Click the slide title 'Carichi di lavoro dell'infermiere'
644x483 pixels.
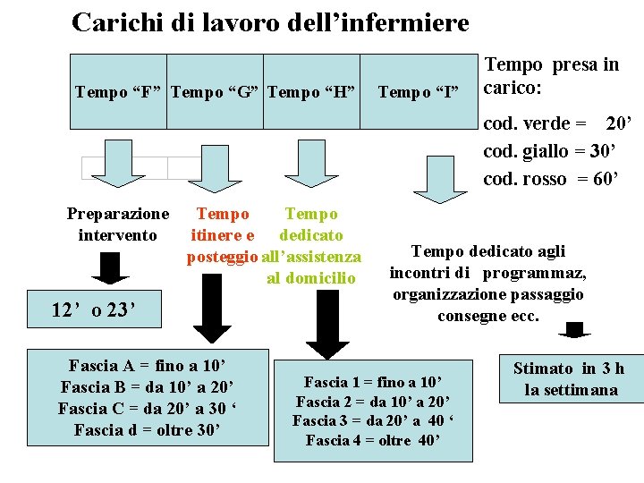[x=270, y=22]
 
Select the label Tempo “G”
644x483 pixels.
[x=215, y=91]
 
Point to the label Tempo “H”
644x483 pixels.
[x=311, y=91]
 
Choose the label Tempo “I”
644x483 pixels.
[x=419, y=91]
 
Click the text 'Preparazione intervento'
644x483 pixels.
[x=117, y=225]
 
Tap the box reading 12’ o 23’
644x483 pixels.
[x=93, y=310]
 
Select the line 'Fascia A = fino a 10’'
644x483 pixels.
[x=147, y=365]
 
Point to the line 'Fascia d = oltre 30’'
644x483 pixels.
[x=147, y=430]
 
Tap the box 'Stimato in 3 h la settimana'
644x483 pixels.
[x=569, y=379]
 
